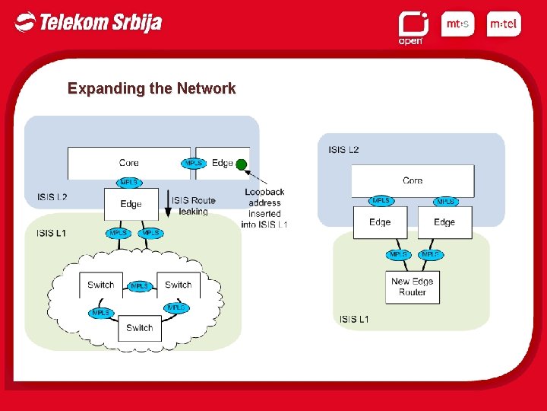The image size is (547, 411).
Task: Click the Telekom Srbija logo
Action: coord(88,22)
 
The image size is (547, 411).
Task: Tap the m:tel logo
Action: coord(503,24)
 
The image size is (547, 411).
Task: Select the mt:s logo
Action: coord(457,24)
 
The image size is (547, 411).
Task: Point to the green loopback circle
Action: coord(242,164)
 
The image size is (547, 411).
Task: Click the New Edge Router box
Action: coord(413,286)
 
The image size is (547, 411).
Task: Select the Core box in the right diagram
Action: coord(413,181)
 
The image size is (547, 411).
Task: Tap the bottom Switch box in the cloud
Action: coord(140,328)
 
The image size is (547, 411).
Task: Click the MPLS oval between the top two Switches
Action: coord(139,286)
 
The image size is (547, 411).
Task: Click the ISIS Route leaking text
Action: coord(193,205)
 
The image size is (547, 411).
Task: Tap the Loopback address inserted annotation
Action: coord(264,208)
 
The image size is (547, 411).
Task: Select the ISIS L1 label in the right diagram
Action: coord(354,319)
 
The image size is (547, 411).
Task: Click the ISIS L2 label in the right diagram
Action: coord(343,150)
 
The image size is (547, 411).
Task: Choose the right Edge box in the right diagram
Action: coord(444,222)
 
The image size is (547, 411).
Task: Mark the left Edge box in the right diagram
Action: coord(380,222)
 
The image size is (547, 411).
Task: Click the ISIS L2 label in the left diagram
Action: coord(52,197)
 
